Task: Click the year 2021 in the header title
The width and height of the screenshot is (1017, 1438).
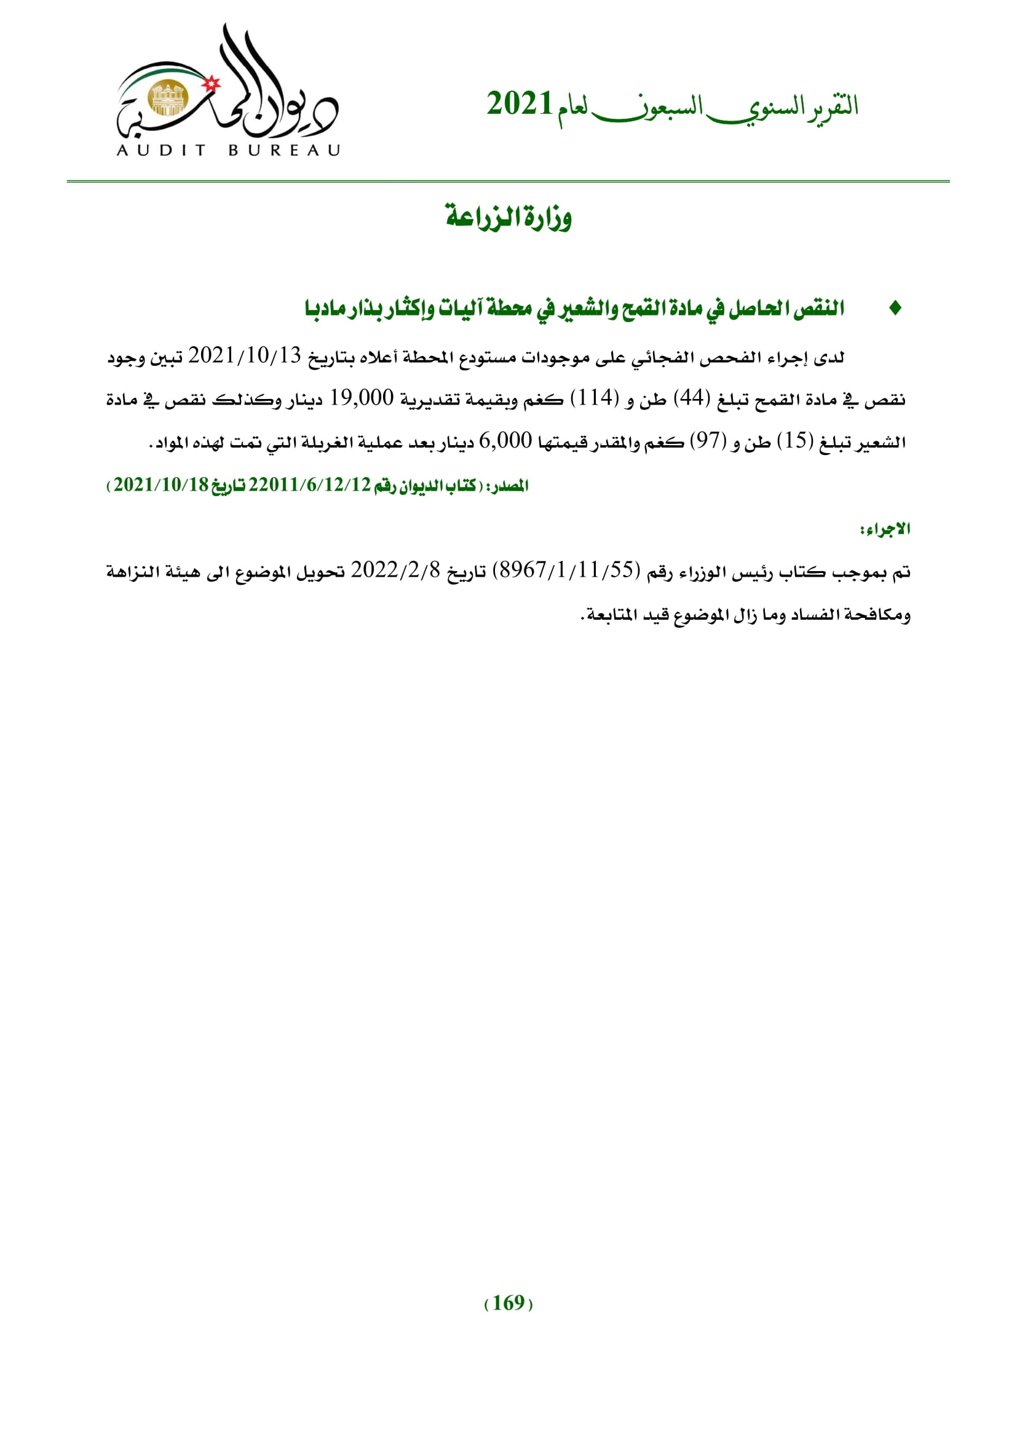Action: (x=519, y=104)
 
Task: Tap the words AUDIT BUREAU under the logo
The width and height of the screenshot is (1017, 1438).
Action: (x=229, y=150)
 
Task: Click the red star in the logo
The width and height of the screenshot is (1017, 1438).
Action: (x=213, y=82)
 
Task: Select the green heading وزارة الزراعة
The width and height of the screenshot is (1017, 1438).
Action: (x=509, y=217)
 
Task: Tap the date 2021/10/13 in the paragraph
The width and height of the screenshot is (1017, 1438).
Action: (x=245, y=357)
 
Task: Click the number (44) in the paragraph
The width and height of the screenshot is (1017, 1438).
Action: (x=691, y=399)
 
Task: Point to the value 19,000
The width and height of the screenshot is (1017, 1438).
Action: (x=362, y=398)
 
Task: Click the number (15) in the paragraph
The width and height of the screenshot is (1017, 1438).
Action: (x=794, y=441)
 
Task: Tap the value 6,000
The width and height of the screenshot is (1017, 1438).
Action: (x=505, y=441)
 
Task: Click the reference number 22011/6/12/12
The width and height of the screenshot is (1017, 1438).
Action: (x=309, y=486)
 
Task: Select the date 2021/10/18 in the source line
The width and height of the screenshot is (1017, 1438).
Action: (x=161, y=486)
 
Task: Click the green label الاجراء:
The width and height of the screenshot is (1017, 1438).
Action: (x=885, y=530)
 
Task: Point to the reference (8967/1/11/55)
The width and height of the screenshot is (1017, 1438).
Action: (x=567, y=571)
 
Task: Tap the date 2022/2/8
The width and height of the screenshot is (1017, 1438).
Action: (x=396, y=571)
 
